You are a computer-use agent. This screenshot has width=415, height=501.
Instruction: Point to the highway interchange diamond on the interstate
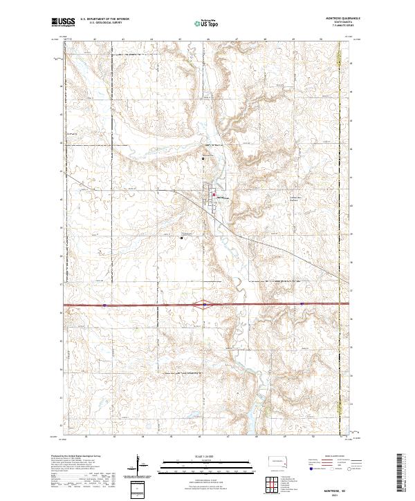click(x=206, y=303)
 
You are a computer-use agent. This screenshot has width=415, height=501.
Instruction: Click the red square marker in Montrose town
click(x=214, y=193)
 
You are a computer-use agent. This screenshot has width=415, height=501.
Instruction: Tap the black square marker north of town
click(x=203, y=158)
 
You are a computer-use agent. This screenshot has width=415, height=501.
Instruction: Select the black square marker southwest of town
click(x=182, y=238)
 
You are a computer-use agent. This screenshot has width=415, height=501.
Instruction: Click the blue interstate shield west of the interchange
click(x=103, y=303)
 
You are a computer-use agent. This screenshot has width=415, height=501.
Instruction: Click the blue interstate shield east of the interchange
click(x=302, y=303)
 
